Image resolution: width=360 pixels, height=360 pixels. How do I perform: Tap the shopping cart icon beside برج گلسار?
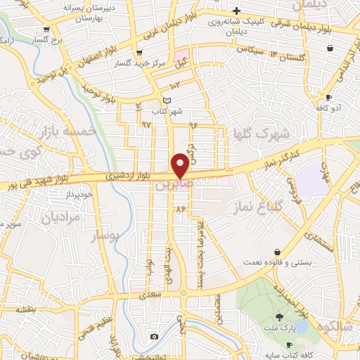[46, 30]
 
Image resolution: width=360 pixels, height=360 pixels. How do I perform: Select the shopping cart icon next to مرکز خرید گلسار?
[139, 53]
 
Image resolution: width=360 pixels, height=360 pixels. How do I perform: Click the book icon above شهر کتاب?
[167, 101]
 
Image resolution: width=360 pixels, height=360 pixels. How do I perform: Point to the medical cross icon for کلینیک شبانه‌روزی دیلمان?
[237, 11]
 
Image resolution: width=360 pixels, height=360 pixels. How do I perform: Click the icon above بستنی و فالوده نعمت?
[278, 252]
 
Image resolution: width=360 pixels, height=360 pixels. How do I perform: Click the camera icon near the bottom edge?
[154, 337]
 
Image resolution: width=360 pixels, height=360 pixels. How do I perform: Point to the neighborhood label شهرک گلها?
[254, 133]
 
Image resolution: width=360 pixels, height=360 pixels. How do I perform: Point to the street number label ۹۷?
[146, 124]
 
